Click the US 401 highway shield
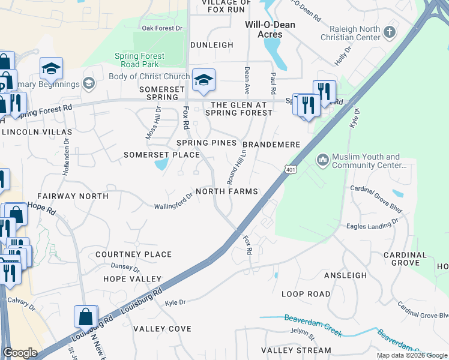[x=291, y=170]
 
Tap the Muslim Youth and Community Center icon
[x=322, y=159]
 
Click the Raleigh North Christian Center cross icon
[x=390, y=31]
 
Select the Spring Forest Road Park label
[x=139, y=60]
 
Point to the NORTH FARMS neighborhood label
[x=227, y=191]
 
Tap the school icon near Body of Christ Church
[x=203, y=80]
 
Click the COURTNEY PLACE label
[x=133, y=254]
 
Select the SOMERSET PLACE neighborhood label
[x=161, y=155]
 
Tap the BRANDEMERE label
[x=271, y=145]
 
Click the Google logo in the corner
[x=20, y=353]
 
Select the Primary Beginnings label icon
[x=89, y=83]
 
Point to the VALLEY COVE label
[x=162, y=329]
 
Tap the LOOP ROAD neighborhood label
[x=306, y=294]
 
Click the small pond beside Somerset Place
[x=160, y=164]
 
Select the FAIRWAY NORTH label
[x=73, y=196]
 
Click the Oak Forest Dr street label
[x=161, y=28]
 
